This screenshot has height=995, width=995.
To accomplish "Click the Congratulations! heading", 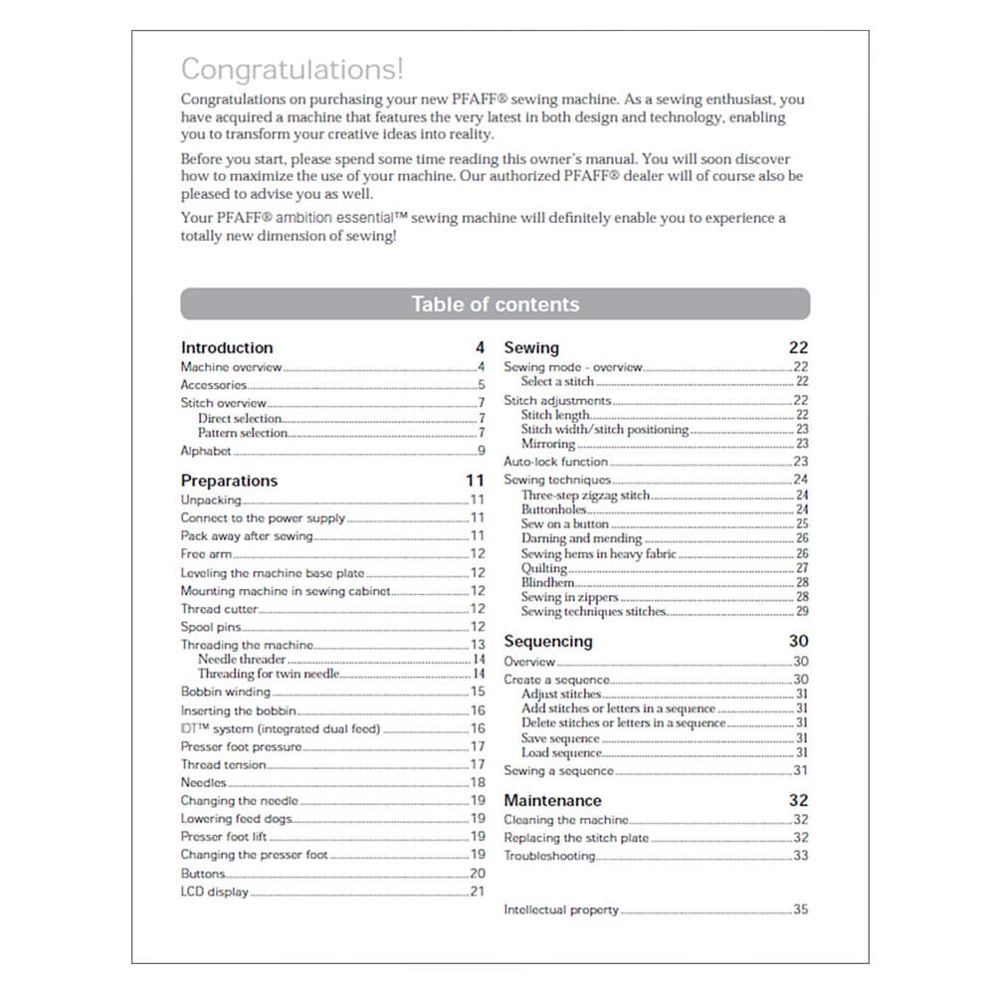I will [x=292, y=70].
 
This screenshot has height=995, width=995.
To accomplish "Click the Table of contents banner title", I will [x=495, y=304].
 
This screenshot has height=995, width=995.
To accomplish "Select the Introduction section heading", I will [x=227, y=347].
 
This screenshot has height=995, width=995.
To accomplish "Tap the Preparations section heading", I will [x=229, y=481].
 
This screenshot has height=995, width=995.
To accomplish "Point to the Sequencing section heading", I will [x=547, y=641].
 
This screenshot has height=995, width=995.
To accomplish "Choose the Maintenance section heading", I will [x=552, y=800].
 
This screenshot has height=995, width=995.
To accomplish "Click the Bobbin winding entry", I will [x=225, y=692].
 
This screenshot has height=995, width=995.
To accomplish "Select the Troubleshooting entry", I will [x=549, y=856].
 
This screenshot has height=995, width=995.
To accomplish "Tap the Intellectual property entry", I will [x=561, y=909].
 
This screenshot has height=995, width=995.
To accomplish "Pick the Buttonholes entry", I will [x=554, y=509].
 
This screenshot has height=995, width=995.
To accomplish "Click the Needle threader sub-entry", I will [x=242, y=659].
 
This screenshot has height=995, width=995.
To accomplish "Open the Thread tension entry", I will [x=223, y=765].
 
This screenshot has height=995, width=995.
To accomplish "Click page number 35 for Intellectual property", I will [x=801, y=909].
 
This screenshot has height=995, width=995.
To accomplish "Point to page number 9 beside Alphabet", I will [x=482, y=451].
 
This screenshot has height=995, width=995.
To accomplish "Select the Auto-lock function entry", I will [x=555, y=462].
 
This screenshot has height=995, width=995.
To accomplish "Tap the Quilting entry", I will [x=544, y=568].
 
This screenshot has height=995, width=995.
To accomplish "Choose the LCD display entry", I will [x=214, y=892].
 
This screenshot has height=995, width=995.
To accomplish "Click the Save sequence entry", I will [x=560, y=738].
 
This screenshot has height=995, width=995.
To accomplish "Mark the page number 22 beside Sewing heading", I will [x=798, y=347].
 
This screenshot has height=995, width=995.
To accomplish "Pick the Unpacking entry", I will [x=210, y=499].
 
